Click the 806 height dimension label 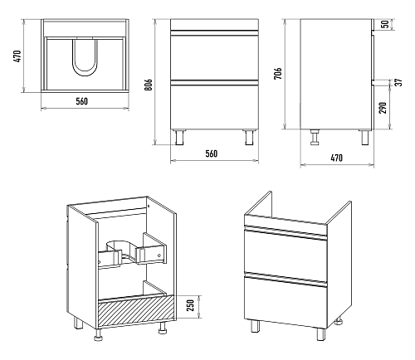click(149, 85)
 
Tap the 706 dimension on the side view click(278, 73)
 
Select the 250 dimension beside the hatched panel click(191, 304)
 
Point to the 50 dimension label click(385, 24)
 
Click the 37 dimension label click(398, 82)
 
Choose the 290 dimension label click(383, 108)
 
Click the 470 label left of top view click(17, 56)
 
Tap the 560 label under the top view click(82, 101)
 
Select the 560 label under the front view click(212, 153)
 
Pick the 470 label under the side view click(336, 158)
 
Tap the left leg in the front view click(179, 137)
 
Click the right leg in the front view click(249, 137)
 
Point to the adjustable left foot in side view click(315, 137)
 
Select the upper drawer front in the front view click(214, 56)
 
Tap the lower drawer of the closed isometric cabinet click(286, 300)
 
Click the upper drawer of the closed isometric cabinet click(286, 252)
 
